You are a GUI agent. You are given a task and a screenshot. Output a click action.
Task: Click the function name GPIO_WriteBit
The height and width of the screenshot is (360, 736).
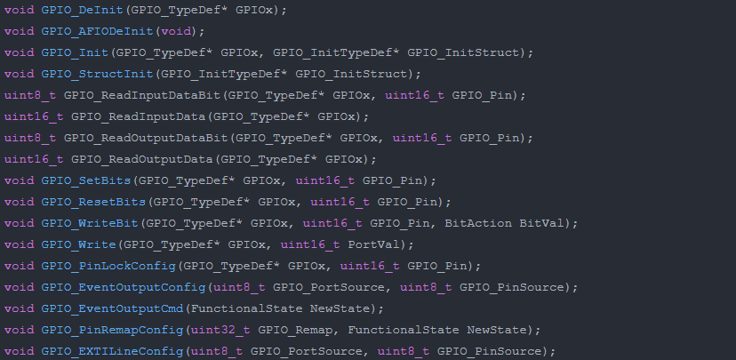pos(89,223)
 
